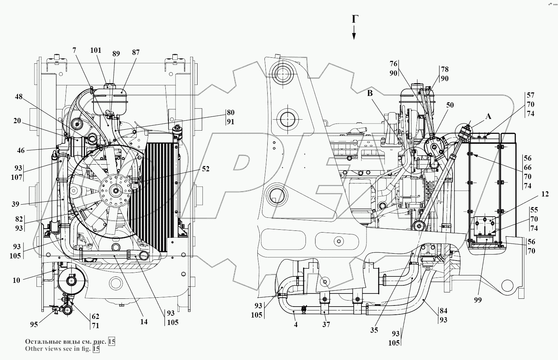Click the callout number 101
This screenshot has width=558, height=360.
[x=96, y=50]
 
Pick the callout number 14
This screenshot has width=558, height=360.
[x=144, y=321]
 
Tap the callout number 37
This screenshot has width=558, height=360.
[x=326, y=324]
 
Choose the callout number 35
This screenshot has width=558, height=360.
[x=374, y=330]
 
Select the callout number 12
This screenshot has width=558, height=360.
[x=545, y=194]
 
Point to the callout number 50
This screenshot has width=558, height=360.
[x=450, y=105]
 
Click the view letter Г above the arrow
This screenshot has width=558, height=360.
[x=354, y=20]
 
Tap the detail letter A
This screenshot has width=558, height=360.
[x=488, y=116]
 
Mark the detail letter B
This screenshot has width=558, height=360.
[x=370, y=93]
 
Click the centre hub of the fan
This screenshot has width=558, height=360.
[x=115, y=190]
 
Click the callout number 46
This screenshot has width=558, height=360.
[x=21, y=150]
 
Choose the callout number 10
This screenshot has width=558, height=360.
[x=16, y=280]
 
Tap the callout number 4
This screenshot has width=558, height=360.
[x=296, y=324]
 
